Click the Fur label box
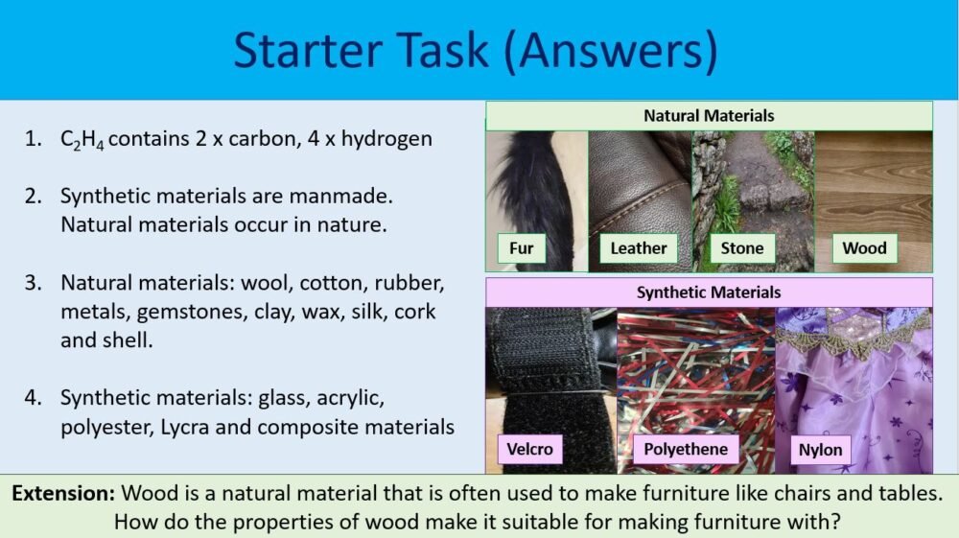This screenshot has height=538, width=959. coord(522,248)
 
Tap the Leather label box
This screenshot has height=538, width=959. coord(639,248)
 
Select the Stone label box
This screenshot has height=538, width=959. coord(742,248)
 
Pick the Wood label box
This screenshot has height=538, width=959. coord(864,248)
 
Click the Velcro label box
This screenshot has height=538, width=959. coord(529,449)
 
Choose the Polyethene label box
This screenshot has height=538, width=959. coord(686,449)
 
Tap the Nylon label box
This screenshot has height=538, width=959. coord(820,450)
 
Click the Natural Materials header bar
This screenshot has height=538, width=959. coord(709,116)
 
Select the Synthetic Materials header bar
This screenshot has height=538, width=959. coord(709,292)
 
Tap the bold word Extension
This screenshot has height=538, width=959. coord(63,495)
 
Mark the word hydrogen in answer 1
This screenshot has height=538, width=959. coord(388,139)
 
